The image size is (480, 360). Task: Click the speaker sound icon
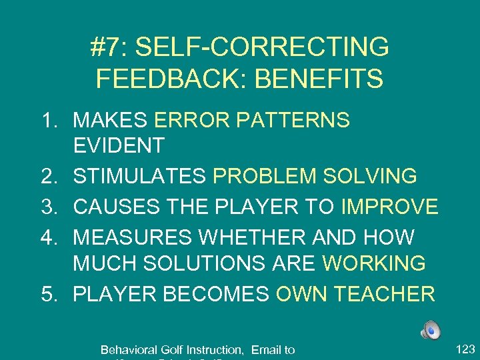pos(431,330)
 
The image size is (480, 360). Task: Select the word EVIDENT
pos(119,145)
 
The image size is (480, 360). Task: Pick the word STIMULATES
pos(139,177)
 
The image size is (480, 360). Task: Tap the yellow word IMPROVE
pos(390,207)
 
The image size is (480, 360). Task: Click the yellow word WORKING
pos(374,263)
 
